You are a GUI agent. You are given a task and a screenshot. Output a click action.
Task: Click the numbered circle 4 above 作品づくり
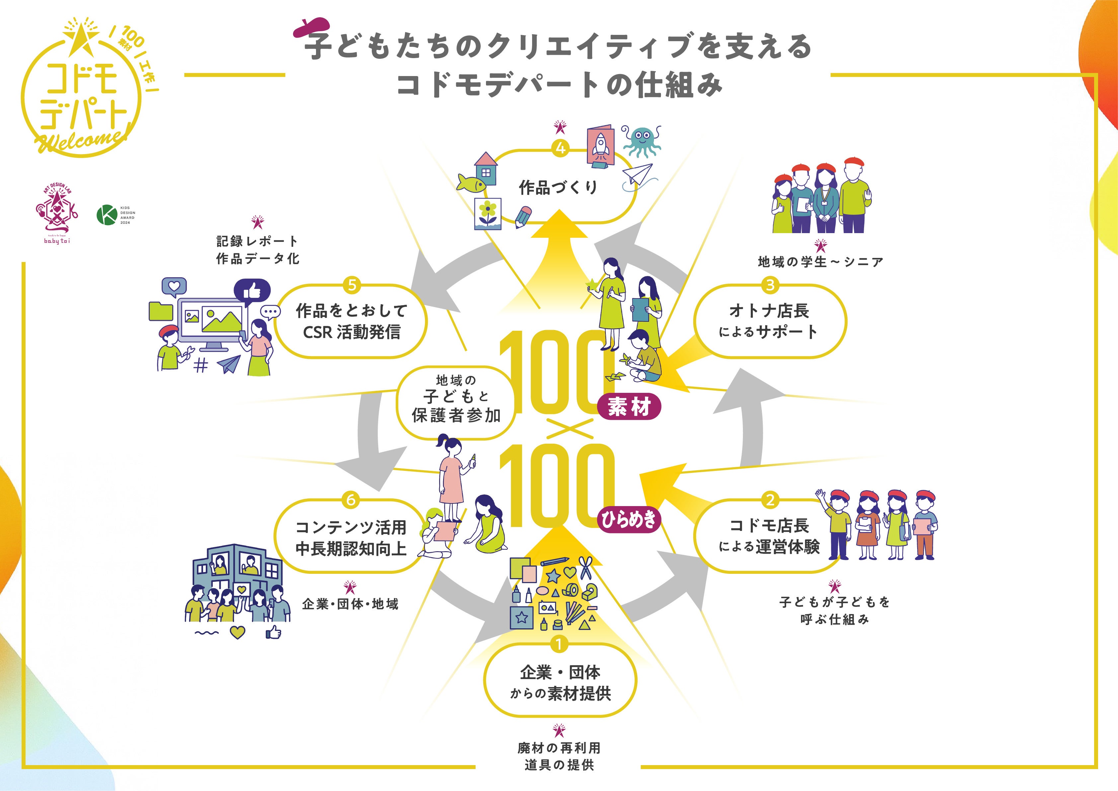560,148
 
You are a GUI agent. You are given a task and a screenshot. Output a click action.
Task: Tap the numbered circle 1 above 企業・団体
559,644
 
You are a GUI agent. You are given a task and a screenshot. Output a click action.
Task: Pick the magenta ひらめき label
629,520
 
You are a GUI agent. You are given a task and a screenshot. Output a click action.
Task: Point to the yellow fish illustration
471,183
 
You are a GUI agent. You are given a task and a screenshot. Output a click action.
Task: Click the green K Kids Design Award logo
106,215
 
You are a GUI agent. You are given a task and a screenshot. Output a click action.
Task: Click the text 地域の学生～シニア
821,262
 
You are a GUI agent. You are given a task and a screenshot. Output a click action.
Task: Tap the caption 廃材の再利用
559,747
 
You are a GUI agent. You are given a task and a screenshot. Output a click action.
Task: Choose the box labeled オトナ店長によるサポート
769,321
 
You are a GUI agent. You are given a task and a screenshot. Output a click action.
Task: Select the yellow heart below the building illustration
237,632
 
